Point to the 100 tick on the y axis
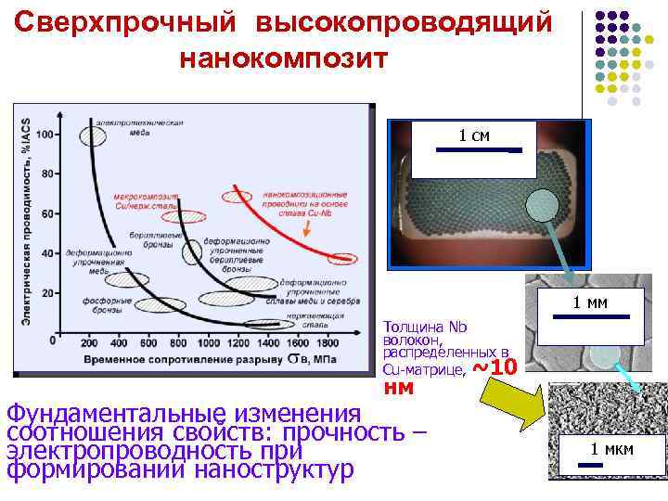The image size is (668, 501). (x=43, y=134)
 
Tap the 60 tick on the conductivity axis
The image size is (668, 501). (x=45, y=213)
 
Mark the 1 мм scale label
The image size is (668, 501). (x=590, y=302)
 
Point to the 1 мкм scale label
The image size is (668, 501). (x=613, y=450)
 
